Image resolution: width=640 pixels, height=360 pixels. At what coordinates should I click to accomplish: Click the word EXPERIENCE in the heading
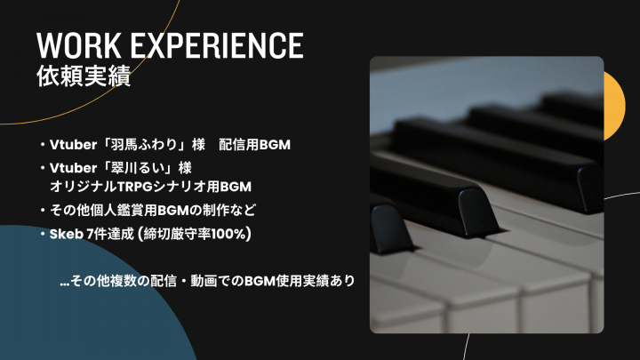click(217, 45)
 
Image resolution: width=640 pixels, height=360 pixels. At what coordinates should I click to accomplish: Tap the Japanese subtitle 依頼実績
click(84, 76)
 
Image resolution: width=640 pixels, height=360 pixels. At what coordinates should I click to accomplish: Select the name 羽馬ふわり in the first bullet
click(143, 145)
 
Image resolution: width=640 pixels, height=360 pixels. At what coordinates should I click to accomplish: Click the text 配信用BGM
click(255, 145)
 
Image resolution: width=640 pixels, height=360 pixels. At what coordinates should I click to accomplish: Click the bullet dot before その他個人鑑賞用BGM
click(43, 211)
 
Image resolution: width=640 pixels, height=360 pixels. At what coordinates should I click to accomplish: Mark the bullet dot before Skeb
click(43, 235)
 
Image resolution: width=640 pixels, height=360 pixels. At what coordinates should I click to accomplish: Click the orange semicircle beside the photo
click(615, 106)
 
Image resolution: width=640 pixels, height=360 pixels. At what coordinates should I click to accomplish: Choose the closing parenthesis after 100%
click(249, 234)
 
